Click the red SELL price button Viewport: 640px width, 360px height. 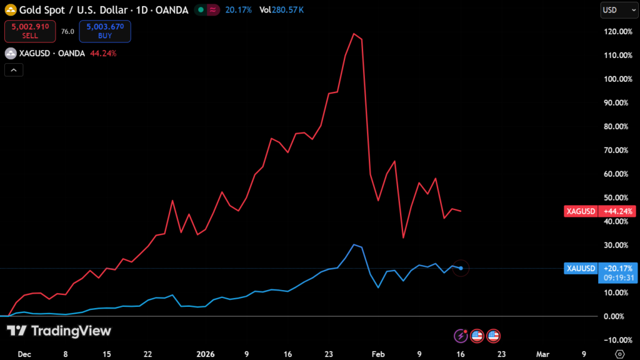point(30,31)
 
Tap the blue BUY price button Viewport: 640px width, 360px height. point(104,31)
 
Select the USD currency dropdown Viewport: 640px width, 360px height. point(613,10)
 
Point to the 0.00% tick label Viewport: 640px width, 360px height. point(617,316)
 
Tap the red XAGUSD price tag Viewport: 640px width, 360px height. point(581,211)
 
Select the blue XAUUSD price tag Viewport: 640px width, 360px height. point(581,268)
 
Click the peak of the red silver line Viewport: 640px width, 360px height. point(354,33)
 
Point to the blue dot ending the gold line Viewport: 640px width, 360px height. point(461,268)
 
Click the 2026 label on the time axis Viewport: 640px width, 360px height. point(206,354)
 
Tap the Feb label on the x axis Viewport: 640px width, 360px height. point(379,354)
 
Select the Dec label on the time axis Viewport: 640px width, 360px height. point(24,354)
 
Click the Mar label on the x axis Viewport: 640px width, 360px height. point(542,354)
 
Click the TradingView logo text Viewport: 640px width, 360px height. point(71,331)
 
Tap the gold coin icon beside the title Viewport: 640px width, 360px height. point(11,11)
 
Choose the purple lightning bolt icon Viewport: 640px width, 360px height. point(461,336)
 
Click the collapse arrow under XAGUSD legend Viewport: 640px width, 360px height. point(13,70)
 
